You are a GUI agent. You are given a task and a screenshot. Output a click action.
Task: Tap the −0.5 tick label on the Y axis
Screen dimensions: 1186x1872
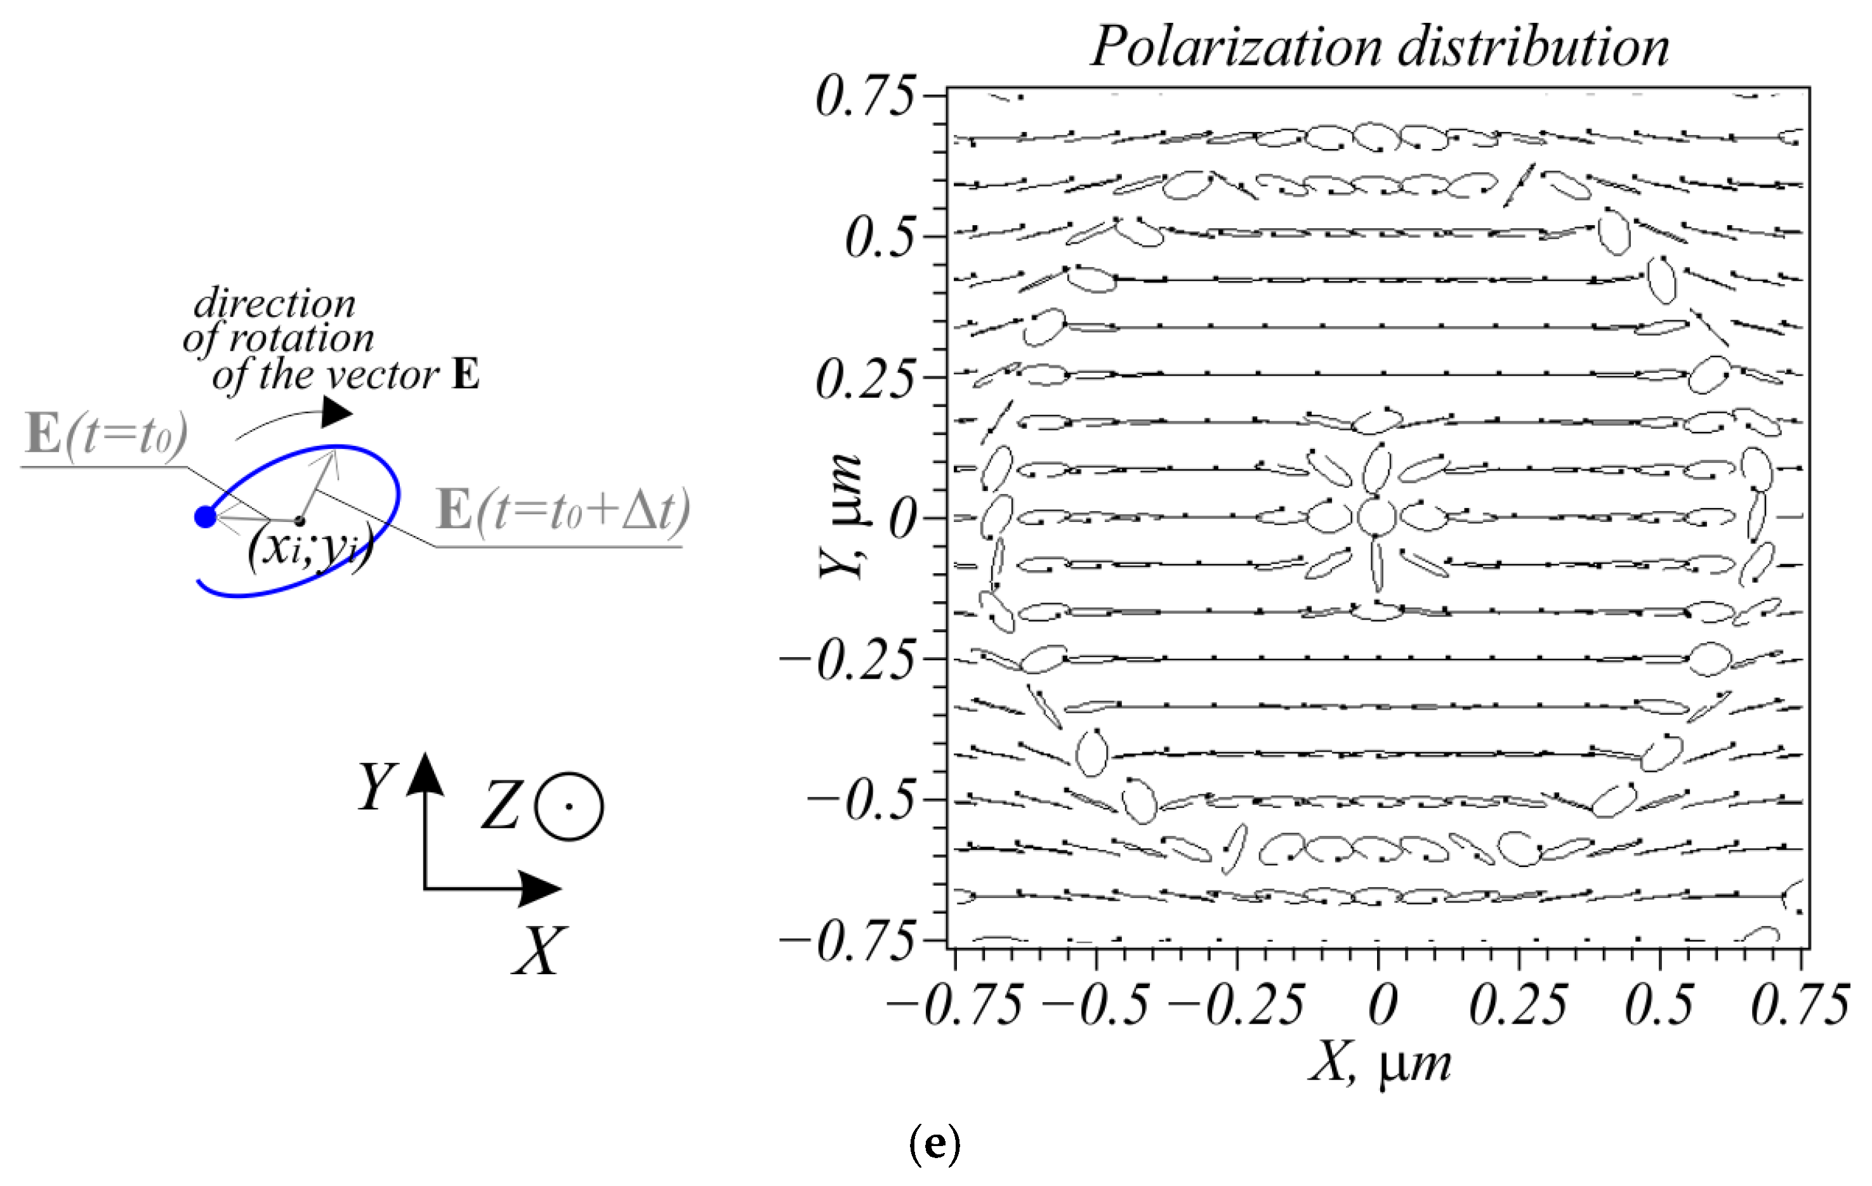(x=860, y=800)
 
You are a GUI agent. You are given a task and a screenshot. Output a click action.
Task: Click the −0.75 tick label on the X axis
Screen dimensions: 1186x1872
(x=954, y=1005)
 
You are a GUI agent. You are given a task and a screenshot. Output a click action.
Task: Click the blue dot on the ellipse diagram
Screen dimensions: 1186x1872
(x=204, y=517)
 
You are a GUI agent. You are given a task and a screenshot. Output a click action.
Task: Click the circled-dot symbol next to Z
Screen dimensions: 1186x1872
(x=569, y=807)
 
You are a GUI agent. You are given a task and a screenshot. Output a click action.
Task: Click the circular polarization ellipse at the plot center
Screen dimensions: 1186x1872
(x=1378, y=515)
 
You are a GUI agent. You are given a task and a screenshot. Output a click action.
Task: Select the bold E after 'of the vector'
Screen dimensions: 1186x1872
(x=466, y=375)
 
